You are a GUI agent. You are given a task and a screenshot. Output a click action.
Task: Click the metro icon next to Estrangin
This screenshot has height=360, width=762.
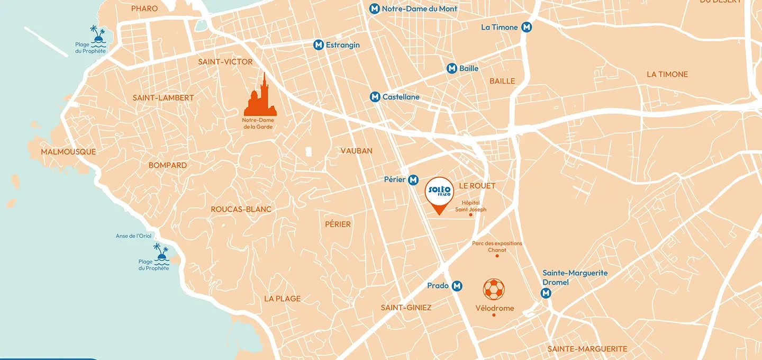click(x=319, y=45)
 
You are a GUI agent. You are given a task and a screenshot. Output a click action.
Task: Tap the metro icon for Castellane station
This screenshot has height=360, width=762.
click(x=375, y=97)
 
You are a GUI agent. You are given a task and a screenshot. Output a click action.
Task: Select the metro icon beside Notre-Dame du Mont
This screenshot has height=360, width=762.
click(x=375, y=9)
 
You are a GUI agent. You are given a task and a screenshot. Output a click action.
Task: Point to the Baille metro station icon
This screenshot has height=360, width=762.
click(x=452, y=68)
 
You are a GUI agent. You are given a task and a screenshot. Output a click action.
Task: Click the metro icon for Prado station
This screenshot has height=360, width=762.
click(x=457, y=286)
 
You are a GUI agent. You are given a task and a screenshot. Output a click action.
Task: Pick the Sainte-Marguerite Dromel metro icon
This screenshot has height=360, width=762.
click(x=546, y=293)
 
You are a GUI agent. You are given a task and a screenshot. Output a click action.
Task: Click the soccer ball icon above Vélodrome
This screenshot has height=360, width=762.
click(x=494, y=290)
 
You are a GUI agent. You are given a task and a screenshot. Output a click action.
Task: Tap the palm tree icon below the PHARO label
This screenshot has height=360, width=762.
click(x=97, y=35)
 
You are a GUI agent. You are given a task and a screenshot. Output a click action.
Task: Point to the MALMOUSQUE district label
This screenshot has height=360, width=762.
click(x=69, y=152)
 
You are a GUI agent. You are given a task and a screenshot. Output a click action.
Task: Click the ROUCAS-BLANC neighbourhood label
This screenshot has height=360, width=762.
click(x=241, y=209)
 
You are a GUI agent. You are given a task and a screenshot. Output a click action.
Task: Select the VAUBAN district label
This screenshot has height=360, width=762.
click(x=356, y=151)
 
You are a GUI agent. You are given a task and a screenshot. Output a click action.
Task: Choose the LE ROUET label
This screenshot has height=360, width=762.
click(x=477, y=186)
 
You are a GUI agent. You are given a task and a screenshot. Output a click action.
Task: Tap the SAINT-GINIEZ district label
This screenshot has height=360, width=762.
click(x=406, y=308)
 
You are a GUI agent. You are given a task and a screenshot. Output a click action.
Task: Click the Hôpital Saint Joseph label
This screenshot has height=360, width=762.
click(x=470, y=206)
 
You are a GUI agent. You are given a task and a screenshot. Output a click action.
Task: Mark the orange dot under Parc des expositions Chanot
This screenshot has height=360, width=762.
click(x=497, y=256)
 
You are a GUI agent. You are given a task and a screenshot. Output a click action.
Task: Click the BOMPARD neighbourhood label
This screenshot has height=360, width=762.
click(x=167, y=165)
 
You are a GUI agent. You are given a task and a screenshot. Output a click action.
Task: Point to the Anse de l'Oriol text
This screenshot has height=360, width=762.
click(x=133, y=236)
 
